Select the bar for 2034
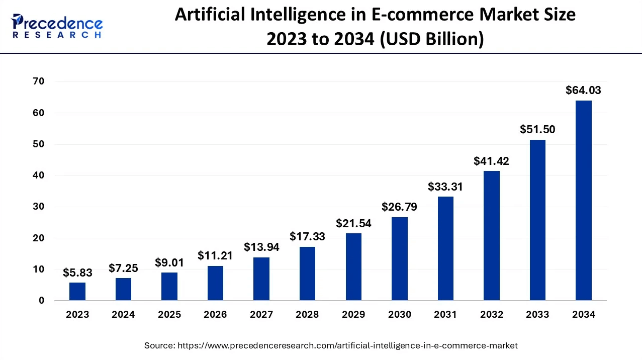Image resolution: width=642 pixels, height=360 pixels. pyautogui.click(x=583, y=201)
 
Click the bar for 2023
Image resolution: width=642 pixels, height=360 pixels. pyautogui.click(x=77, y=292)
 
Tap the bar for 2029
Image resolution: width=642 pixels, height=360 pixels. pyautogui.click(x=353, y=267)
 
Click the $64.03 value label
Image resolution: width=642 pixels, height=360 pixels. pyautogui.click(x=583, y=91)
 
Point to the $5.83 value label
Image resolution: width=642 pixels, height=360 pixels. pyautogui.click(x=77, y=273)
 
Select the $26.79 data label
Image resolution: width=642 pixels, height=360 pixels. pyautogui.click(x=399, y=207)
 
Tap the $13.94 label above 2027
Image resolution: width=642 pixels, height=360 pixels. pyautogui.click(x=261, y=247)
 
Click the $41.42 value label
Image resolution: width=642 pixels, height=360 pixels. pyautogui.click(x=491, y=161)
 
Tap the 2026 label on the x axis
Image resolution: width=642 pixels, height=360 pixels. pyautogui.click(x=215, y=315)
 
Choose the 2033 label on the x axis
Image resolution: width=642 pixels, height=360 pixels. pyautogui.click(x=537, y=315)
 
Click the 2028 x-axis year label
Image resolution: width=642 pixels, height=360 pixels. pyautogui.click(x=307, y=315)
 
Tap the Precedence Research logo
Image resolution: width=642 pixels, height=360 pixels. pyautogui.click(x=57, y=26)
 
